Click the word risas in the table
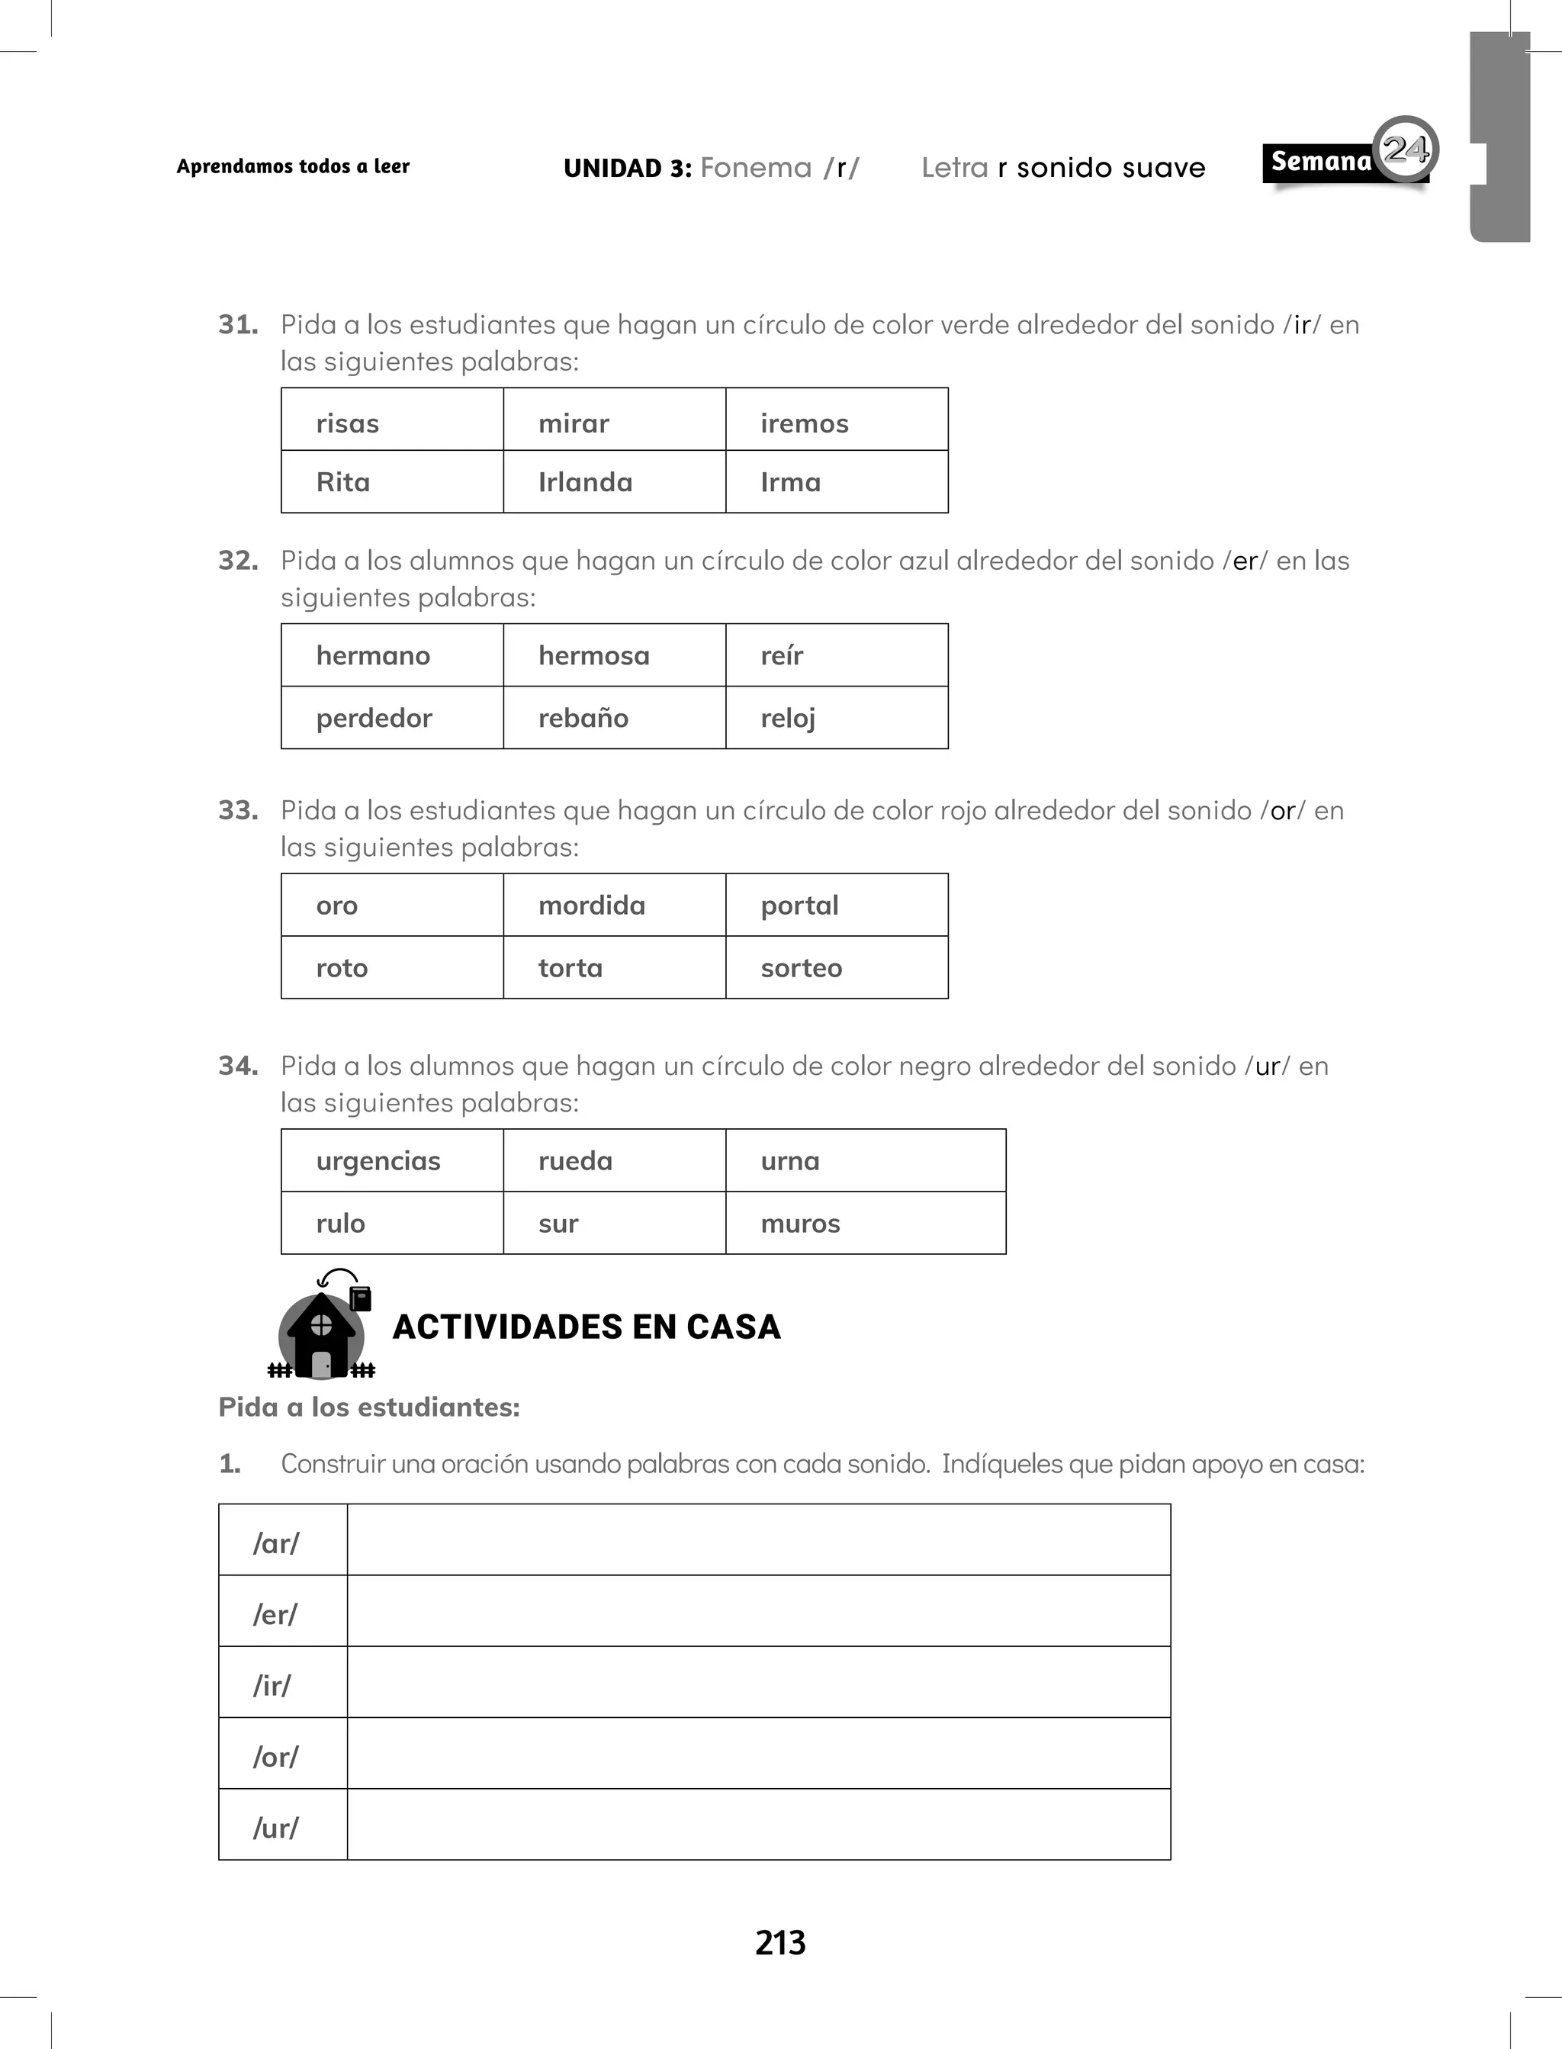pyautogui.click(x=348, y=424)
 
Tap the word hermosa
pyautogui.click(x=593, y=655)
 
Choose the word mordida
pyautogui.click(x=591, y=905)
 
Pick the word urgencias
pyautogui.click(x=378, y=1161)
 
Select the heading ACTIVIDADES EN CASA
pyautogui.click(x=587, y=1327)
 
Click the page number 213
pyautogui.click(x=780, y=1943)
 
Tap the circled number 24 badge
pyautogui.click(x=1405, y=149)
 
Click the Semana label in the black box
pyautogui.click(x=1320, y=162)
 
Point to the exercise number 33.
pyautogui.click(x=238, y=811)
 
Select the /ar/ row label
pyautogui.click(x=276, y=1543)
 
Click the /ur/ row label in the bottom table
pyautogui.click(x=276, y=1828)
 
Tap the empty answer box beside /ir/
pyautogui.click(x=758, y=1683)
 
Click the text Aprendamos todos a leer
pyautogui.click(x=293, y=166)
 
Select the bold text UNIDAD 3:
pyautogui.click(x=627, y=169)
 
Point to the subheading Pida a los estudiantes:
pyautogui.click(x=369, y=1407)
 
